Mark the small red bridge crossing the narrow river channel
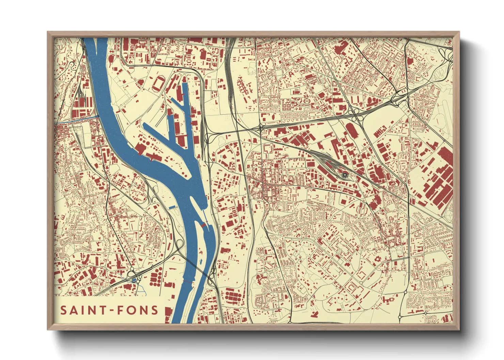click(x=203, y=225)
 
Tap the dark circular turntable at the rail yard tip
click(x=345, y=175)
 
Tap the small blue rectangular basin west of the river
click(x=172, y=207)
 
